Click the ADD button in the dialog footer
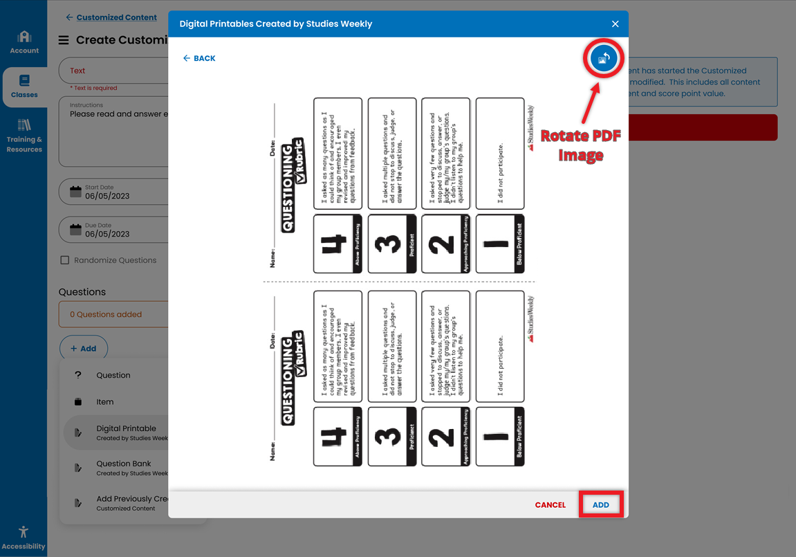coord(601,504)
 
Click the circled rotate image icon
coord(604,59)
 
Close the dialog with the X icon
coord(615,24)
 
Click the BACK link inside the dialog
coord(199,58)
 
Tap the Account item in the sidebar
coord(24,42)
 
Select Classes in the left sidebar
coord(24,86)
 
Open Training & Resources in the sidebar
coord(24,135)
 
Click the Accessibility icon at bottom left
coord(24,536)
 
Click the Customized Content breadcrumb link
coord(116,17)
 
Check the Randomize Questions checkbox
coord(65,260)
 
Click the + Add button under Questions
coord(84,349)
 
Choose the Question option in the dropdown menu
coord(113,375)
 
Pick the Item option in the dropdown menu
coord(105,402)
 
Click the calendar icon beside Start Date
coord(75,192)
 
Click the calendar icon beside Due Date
coord(75,230)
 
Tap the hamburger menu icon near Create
coord(64,40)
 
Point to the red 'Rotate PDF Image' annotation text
coord(580,145)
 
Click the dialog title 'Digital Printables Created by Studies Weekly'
coord(276,24)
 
